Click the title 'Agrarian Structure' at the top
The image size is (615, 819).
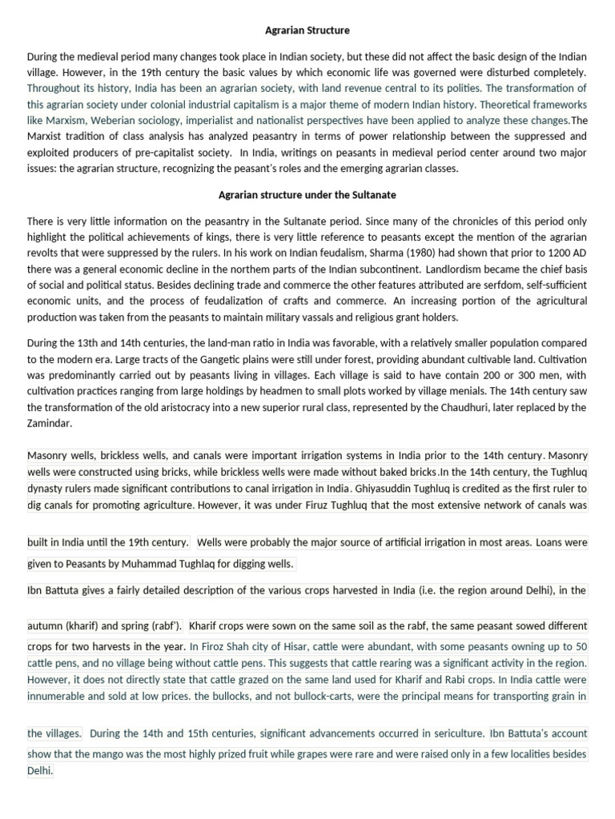[x=307, y=30]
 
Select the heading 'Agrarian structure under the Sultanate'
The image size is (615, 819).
[x=307, y=195]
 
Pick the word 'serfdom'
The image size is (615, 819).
[x=496, y=286]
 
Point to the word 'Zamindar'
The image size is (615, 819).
[x=49, y=424]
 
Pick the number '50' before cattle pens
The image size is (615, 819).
[x=581, y=646]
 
